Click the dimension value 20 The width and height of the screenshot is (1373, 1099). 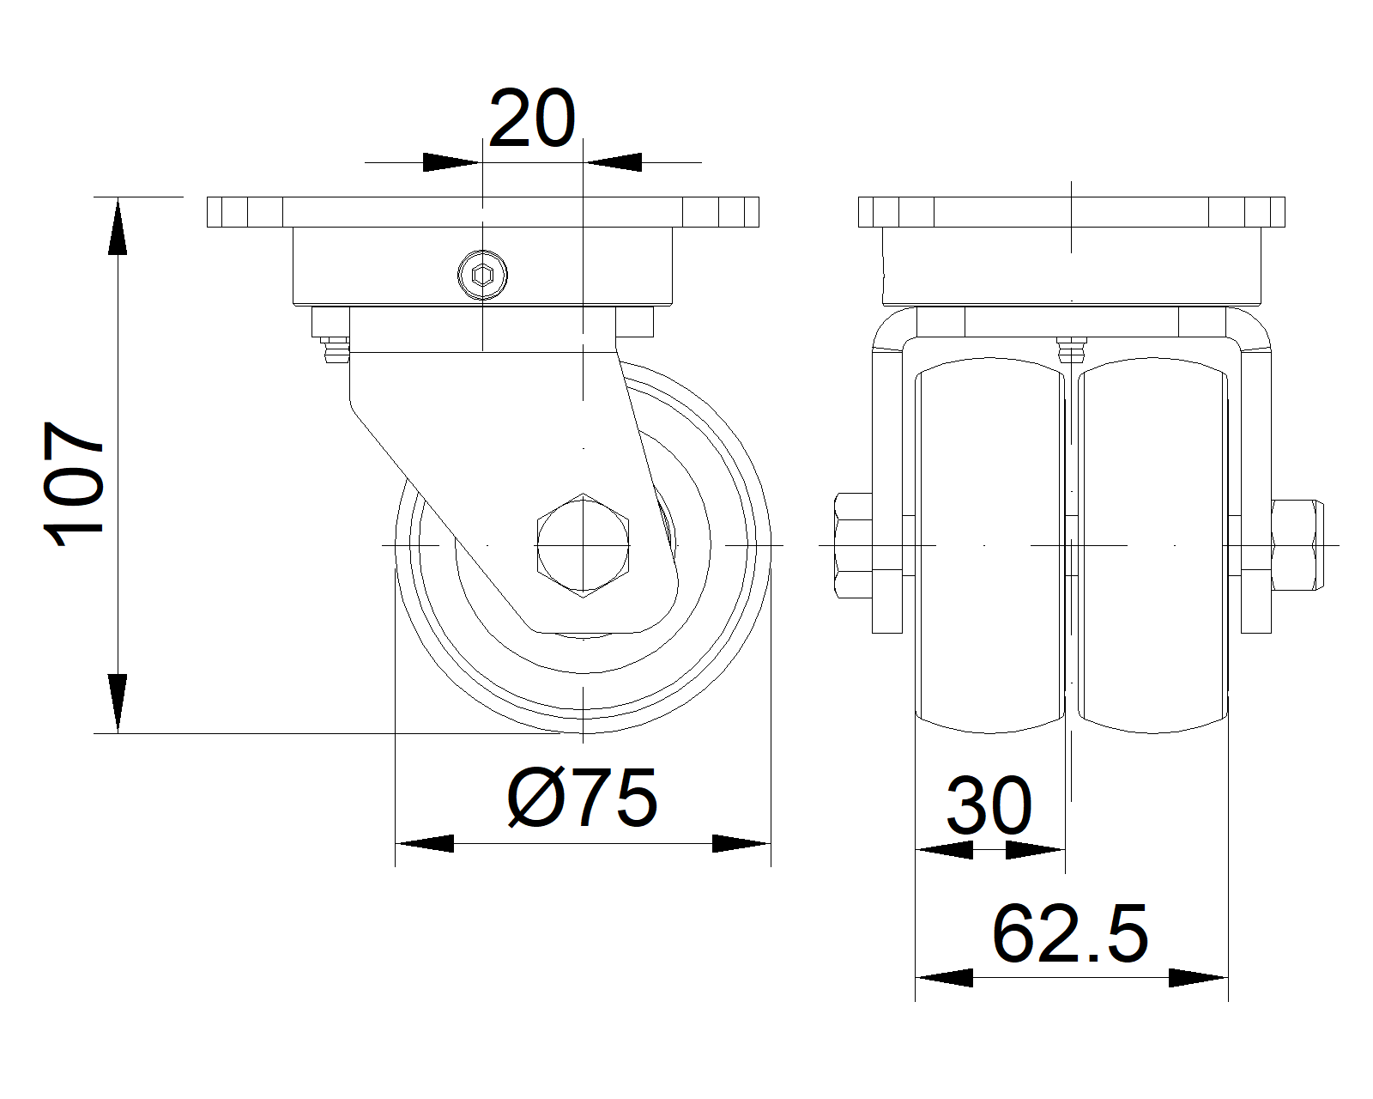click(532, 118)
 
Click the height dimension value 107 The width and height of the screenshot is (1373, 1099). click(74, 484)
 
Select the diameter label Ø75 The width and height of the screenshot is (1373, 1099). click(582, 797)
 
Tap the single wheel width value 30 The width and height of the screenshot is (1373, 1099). click(989, 806)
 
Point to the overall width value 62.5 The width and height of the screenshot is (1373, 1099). click(1070, 933)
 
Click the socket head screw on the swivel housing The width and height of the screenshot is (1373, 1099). click(482, 276)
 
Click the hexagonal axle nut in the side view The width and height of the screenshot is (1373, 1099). click(583, 545)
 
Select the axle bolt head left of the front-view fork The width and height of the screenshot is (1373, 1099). click(853, 545)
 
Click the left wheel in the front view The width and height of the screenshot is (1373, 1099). click(989, 545)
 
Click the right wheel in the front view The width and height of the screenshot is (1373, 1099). click(1152, 545)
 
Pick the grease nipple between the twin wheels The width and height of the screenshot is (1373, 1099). click(1071, 350)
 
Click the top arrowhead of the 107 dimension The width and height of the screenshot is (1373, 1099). click(118, 226)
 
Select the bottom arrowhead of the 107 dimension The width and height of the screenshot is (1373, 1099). click(118, 704)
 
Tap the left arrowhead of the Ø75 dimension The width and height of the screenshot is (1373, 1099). click(425, 843)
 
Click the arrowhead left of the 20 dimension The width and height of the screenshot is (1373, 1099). click(451, 162)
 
